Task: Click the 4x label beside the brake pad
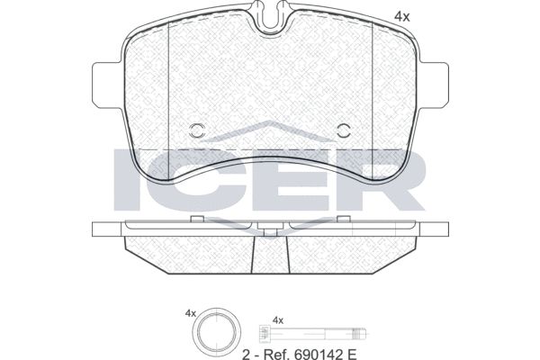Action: tap(402, 16)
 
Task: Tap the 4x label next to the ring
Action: tap(191, 313)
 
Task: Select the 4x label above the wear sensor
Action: tap(278, 320)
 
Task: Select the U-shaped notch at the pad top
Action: tap(271, 17)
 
